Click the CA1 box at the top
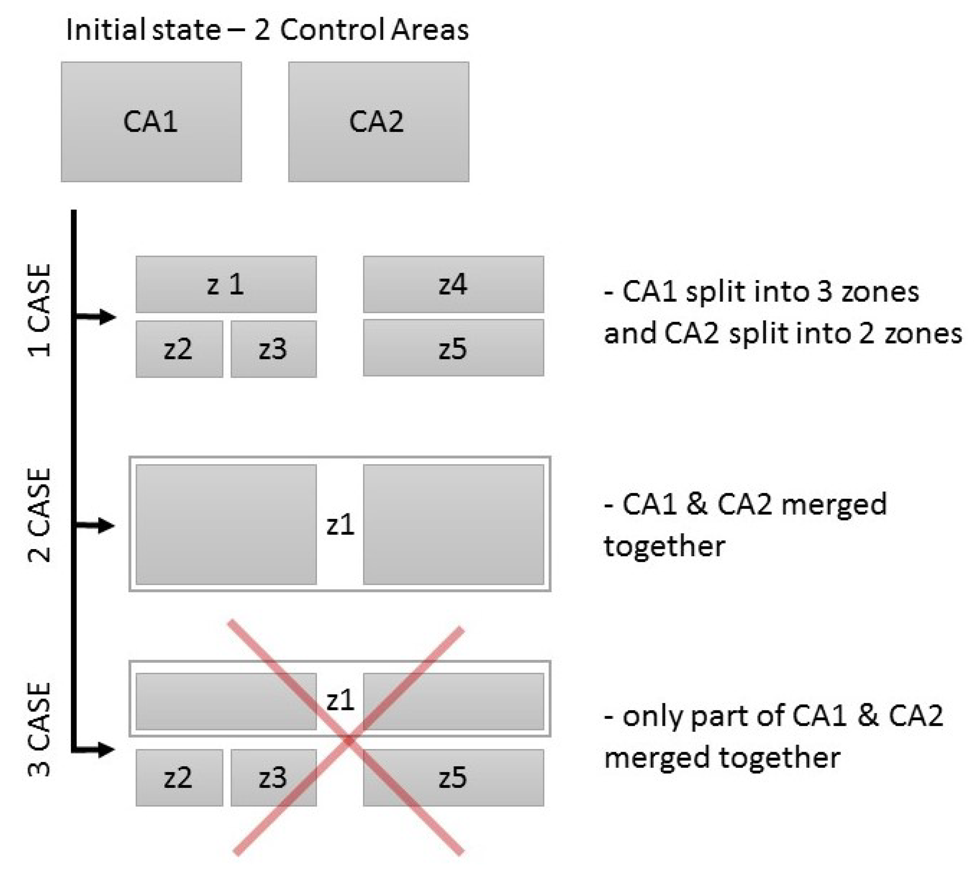point(151,122)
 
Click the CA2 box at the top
point(378,122)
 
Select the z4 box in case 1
point(453,284)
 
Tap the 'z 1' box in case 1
point(226,284)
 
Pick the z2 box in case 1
point(179,349)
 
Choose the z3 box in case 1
point(273,349)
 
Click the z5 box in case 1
point(453,348)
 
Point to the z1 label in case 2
point(340,525)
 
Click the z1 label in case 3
point(340,700)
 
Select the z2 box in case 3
point(179,778)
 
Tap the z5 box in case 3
point(453,778)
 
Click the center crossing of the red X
point(349,741)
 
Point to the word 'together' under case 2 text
point(665,546)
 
